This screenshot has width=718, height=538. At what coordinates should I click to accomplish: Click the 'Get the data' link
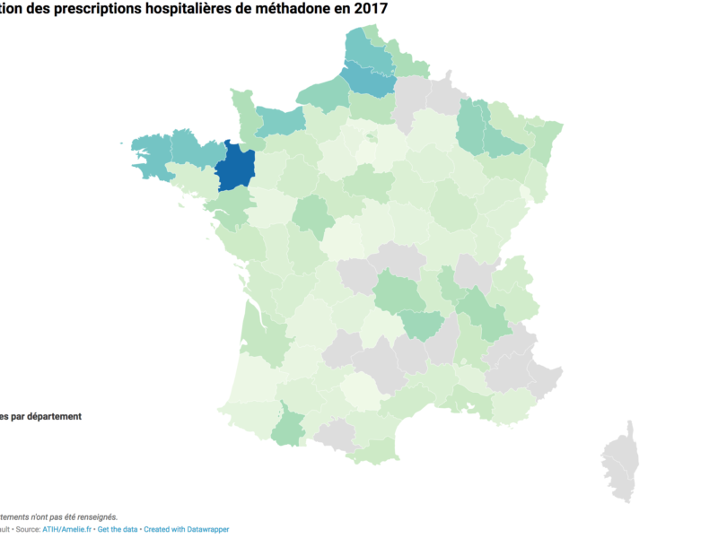tap(118, 529)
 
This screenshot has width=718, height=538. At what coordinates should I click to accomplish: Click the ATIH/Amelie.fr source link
tap(66, 529)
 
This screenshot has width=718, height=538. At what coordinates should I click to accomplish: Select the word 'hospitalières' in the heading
tap(185, 9)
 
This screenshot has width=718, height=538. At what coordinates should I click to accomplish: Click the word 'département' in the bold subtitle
tap(53, 416)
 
